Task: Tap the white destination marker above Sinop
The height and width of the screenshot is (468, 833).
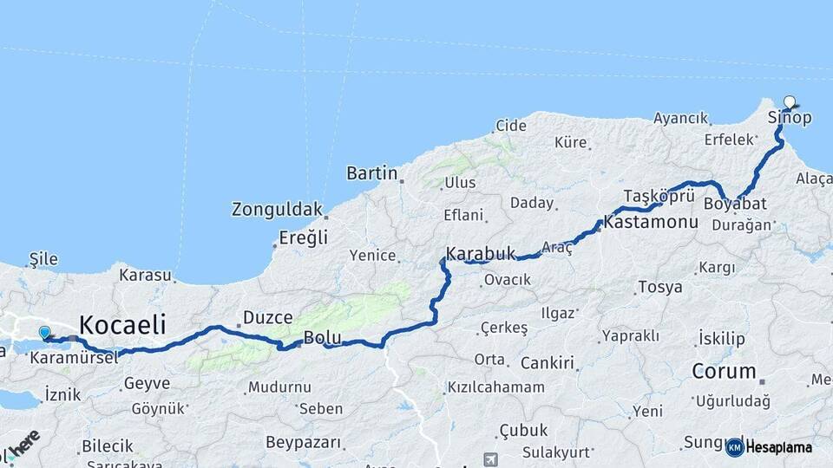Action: point(790,102)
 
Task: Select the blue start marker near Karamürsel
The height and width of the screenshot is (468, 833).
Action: point(45,332)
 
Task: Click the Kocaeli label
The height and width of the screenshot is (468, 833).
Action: point(122,325)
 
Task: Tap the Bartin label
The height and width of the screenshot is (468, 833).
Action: point(371,173)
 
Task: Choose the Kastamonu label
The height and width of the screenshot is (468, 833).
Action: point(651,223)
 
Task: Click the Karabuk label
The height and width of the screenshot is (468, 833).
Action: point(481,254)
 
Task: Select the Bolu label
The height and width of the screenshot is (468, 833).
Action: point(322,337)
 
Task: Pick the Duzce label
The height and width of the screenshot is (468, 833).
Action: point(267,317)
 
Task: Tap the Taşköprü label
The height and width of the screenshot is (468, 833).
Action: point(659,195)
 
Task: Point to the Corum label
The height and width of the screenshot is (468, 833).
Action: point(724,371)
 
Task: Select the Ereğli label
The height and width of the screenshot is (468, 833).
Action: point(303,237)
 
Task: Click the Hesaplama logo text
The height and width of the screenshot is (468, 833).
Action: point(778,447)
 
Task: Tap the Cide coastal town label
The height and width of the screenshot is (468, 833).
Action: point(511,126)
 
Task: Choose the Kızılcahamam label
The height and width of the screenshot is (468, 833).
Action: point(495,387)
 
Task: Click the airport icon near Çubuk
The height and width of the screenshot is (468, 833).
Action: point(491,458)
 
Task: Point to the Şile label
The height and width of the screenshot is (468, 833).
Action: point(43,258)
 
